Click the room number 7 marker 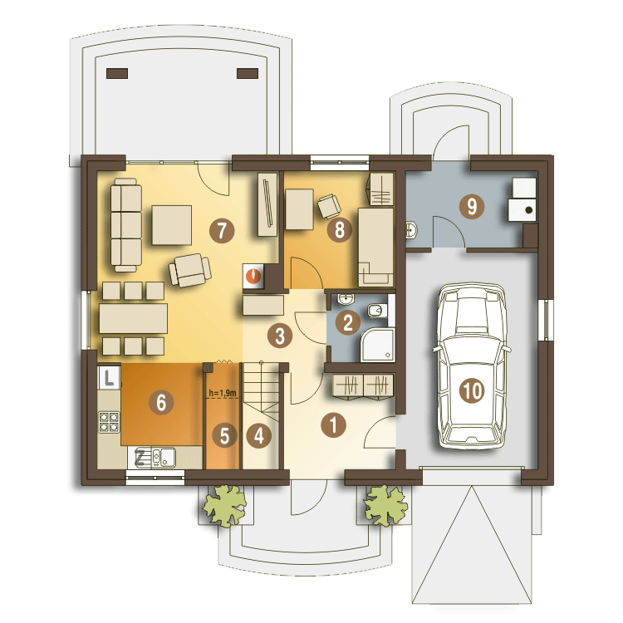[x=222, y=230]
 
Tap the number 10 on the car [x=472, y=390]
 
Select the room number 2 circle [x=348, y=322]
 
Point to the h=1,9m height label [x=223, y=393]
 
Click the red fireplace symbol [x=253, y=275]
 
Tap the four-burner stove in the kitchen [x=109, y=422]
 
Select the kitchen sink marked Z [x=155, y=458]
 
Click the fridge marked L [x=109, y=377]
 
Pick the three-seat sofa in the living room [x=126, y=225]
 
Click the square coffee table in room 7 [x=172, y=225]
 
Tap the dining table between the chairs [x=133, y=318]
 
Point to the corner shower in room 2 [x=377, y=345]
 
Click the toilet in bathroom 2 [x=376, y=310]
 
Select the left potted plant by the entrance [x=224, y=505]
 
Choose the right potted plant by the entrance [x=385, y=505]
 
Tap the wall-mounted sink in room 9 [x=411, y=230]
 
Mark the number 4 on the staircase [x=258, y=435]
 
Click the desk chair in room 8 [x=329, y=206]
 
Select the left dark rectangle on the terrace [x=117, y=73]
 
